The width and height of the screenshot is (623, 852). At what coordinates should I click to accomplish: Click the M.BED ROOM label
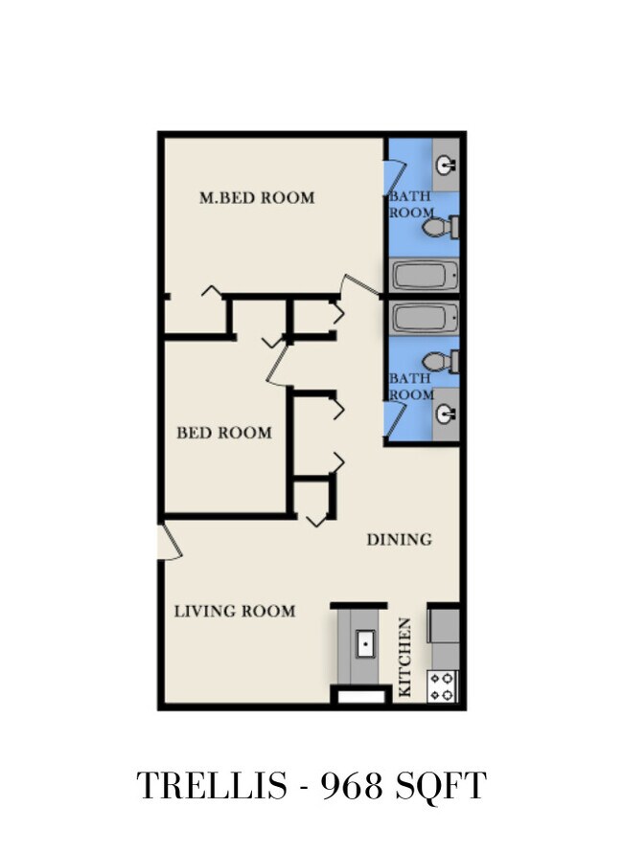257,197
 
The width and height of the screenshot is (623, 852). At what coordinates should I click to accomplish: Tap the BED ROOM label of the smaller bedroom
224,433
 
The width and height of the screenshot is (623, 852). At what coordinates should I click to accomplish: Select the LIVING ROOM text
235,611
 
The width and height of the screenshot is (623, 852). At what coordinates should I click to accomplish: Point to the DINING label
400,539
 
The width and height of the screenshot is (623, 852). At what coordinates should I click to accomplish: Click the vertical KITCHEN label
405,657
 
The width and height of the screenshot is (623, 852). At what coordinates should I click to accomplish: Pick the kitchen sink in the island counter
365,644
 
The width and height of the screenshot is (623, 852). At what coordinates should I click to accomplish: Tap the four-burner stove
442,686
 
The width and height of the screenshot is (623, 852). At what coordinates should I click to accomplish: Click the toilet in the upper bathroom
440,227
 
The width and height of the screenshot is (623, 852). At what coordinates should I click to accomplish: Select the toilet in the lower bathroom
440,362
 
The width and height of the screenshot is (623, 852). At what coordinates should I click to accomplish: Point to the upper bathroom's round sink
446,165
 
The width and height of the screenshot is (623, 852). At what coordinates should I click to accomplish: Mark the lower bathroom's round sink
446,415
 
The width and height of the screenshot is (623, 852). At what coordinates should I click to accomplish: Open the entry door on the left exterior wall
170,541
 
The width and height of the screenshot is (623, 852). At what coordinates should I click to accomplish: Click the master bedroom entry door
359,286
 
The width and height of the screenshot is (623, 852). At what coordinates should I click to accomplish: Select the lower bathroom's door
395,418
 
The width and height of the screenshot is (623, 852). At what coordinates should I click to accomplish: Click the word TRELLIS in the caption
211,785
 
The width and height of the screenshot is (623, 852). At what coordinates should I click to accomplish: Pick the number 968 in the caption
353,785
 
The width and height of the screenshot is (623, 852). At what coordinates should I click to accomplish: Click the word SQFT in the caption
441,786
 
